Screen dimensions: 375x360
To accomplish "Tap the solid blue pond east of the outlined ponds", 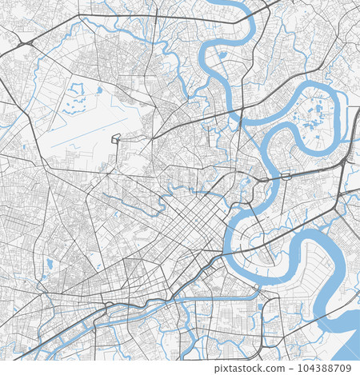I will point(99,90).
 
